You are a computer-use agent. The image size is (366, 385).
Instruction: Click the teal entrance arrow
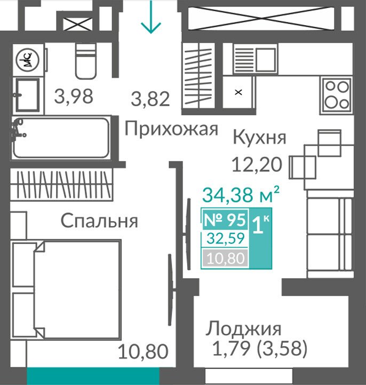(x=151, y=17)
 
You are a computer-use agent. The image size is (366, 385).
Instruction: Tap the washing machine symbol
(x=28, y=60)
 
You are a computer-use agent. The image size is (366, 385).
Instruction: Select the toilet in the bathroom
(x=85, y=61)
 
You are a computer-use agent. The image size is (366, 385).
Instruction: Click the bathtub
(x=61, y=138)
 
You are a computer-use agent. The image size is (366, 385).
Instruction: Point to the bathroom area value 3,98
(x=74, y=96)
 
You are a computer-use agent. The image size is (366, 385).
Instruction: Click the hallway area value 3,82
(x=150, y=99)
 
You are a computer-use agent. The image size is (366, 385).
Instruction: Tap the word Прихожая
(x=171, y=129)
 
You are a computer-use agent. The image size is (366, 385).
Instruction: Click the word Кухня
(x=259, y=138)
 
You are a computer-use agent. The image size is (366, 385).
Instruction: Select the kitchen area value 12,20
(x=257, y=164)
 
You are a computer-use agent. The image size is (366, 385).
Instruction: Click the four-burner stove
(x=336, y=96)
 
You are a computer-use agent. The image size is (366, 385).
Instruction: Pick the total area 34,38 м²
(x=241, y=194)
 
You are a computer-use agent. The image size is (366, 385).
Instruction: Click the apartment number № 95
(x=225, y=220)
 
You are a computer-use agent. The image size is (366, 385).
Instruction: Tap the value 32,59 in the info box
(x=226, y=238)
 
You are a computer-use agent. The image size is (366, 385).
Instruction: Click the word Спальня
(x=99, y=221)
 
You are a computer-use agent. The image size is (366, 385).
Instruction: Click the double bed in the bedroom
(x=66, y=289)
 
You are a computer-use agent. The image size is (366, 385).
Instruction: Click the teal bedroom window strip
(x=93, y=376)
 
